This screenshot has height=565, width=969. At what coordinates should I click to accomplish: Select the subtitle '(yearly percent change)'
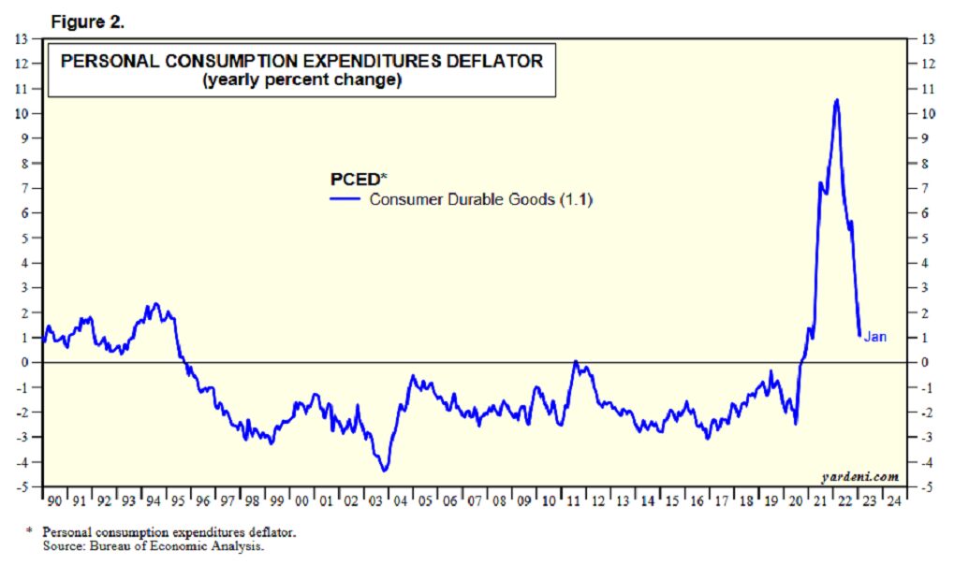(301, 81)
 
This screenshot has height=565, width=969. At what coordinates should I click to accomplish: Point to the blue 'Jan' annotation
(874, 337)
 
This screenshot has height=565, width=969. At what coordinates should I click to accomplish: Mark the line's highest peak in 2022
(835, 99)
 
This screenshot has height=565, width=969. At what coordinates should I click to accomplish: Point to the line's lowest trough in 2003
(384, 471)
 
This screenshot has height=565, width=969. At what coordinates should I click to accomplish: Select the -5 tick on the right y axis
(926, 487)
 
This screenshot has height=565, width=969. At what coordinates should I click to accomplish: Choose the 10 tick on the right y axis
(927, 113)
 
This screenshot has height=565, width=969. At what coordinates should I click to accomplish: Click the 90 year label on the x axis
(54, 501)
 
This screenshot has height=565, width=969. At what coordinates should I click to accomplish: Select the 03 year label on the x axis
(375, 501)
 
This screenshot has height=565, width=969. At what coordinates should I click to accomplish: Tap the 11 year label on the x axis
(572, 501)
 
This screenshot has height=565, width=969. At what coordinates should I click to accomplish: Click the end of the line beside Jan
(859, 335)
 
